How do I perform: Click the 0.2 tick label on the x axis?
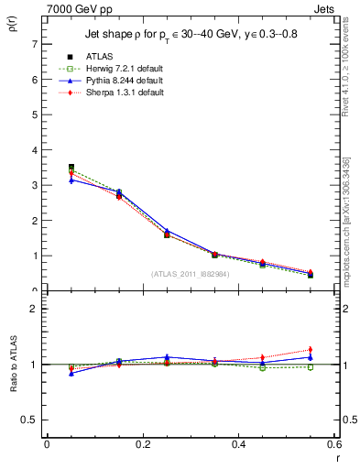click(x=142, y=444)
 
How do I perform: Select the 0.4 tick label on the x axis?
click(x=238, y=444)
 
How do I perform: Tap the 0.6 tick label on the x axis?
click(x=333, y=444)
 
